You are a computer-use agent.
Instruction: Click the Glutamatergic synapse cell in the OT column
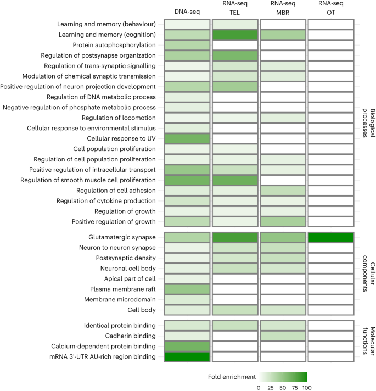pyautogui.click(x=330, y=237)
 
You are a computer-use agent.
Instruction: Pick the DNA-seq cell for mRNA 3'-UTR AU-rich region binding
pyautogui.click(x=187, y=357)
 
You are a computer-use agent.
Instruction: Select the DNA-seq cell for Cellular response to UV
pyautogui.click(x=187, y=139)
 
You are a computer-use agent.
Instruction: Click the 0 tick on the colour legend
pyautogui.click(x=259, y=387)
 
